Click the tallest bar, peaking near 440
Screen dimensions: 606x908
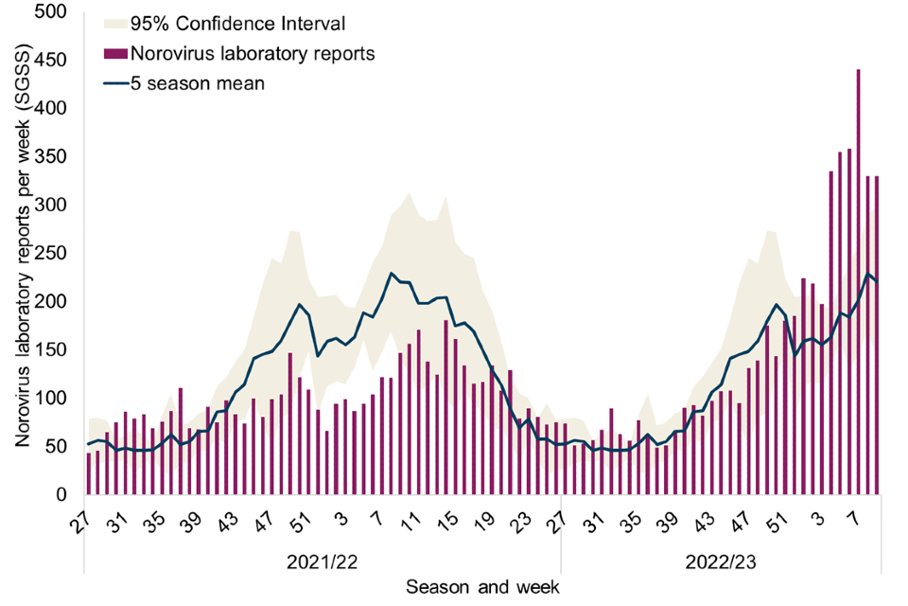click(858, 284)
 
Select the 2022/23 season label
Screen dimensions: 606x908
click(721, 561)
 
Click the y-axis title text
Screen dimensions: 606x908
click(23, 254)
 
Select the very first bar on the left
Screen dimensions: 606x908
click(89, 473)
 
